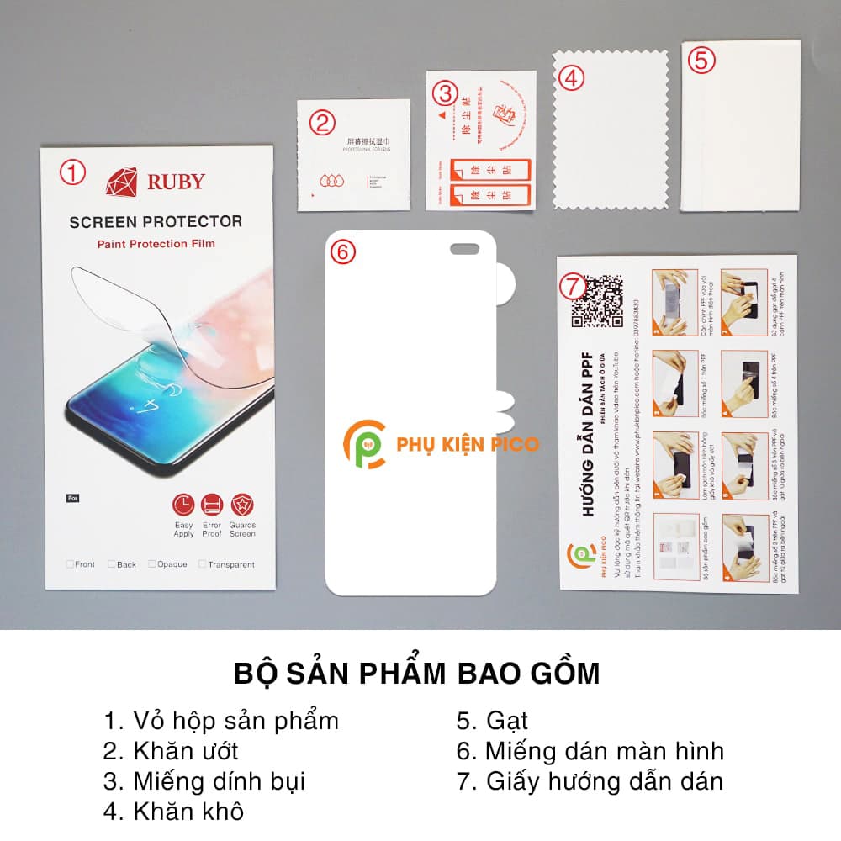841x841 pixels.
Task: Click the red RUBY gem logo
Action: coord(121,182)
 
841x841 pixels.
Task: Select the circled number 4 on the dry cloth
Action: coord(571,77)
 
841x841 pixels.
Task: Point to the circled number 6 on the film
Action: coord(342,251)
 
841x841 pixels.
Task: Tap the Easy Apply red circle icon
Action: coord(183,505)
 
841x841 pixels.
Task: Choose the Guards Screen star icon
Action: coord(242,505)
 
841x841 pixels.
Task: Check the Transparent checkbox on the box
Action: coord(204,564)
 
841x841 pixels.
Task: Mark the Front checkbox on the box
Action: coord(71,564)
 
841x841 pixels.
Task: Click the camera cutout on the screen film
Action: coord(464,248)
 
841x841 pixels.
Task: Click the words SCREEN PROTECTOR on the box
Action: coord(156,222)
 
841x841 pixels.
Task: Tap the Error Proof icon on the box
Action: coord(212,505)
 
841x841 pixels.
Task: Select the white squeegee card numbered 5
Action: coord(740,126)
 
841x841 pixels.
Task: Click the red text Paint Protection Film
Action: coord(156,244)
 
